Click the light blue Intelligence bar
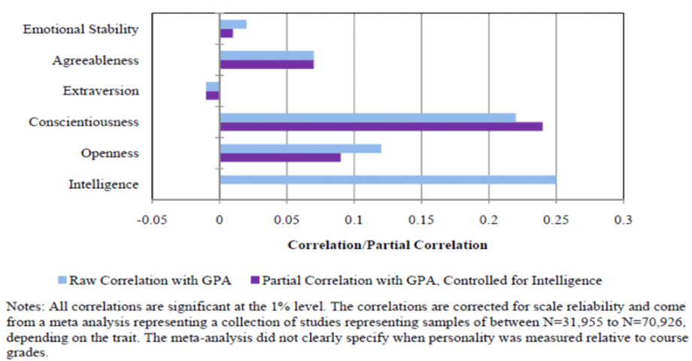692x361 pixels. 387,179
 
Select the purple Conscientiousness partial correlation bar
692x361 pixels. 381,126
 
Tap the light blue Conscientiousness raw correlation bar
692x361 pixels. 367,117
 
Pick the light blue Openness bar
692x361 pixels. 300,148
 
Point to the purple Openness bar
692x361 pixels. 280,157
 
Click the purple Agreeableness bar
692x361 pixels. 266,65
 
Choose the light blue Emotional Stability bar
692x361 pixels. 233,24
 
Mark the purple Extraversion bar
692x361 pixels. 213,96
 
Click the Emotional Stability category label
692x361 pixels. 81,29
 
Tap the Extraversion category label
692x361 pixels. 101,91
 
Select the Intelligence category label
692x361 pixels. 103,184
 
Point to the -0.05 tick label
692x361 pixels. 153,220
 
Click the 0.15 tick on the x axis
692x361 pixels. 421,220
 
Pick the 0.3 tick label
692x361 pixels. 623,220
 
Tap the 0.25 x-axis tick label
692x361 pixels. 555,220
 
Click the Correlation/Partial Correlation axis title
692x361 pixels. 387,245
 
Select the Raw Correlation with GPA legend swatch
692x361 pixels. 62,281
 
